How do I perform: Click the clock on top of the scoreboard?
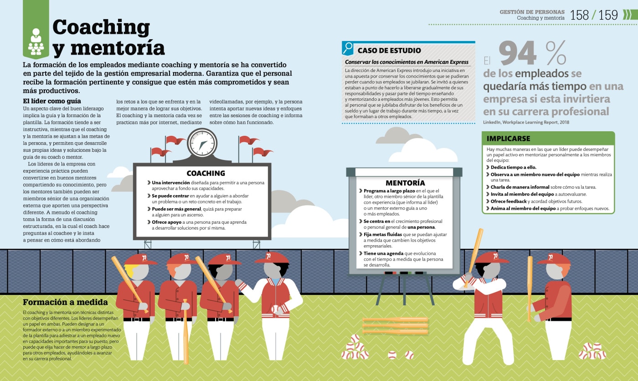click(202, 142)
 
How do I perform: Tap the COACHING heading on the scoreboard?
click(206, 173)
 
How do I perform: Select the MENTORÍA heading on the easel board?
click(405, 183)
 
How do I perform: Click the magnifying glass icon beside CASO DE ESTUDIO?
click(348, 48)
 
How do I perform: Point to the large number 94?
click(518, 53)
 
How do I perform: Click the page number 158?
click(579, 15)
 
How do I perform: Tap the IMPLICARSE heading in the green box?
click(508, 139)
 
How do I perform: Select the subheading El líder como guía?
click(52, 101)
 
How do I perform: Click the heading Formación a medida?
click(65, 302)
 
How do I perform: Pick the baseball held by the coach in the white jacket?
click(276, 309)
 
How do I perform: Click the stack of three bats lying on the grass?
click(395, 325)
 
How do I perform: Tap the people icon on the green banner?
click(36, 41)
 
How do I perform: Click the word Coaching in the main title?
click(101, 28)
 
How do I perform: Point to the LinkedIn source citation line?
click(526, 122)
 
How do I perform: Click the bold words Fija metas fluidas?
click(383, 235)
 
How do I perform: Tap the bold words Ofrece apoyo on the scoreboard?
click(167, 222)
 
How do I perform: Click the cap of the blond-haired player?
click(140, 259)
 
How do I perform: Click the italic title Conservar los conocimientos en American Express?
click(406, 62)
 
